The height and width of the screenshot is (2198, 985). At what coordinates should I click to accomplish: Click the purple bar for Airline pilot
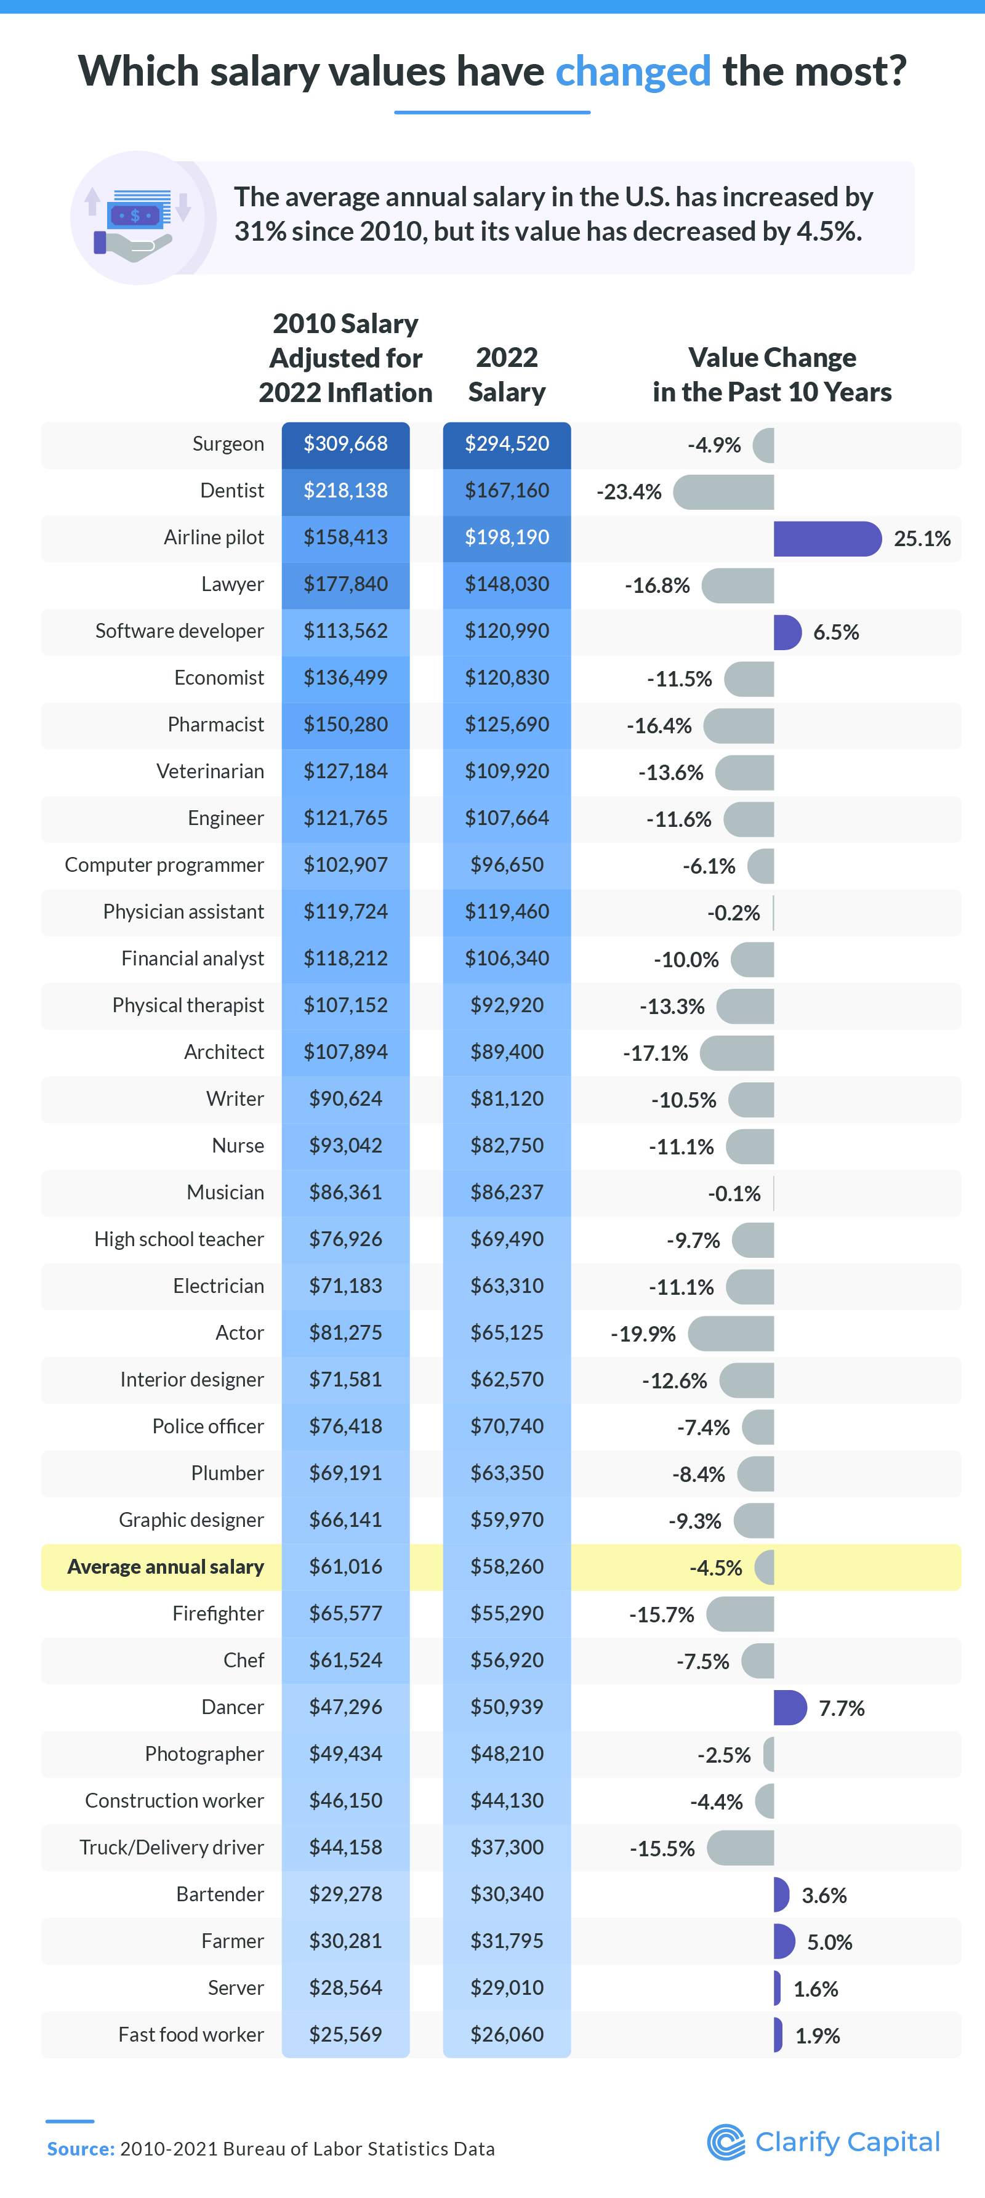click(826, 538)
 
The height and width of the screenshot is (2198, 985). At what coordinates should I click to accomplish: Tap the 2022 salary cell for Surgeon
click(507, 444)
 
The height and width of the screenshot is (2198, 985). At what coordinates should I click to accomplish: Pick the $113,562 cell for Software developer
click(345, 632)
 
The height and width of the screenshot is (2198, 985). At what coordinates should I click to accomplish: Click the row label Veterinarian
click(210, 771)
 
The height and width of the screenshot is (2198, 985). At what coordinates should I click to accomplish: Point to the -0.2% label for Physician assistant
click(733, 913)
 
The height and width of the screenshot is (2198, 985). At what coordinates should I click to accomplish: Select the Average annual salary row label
click(166, 1566)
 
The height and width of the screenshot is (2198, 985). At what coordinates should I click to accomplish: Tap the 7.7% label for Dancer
click(841, 1709)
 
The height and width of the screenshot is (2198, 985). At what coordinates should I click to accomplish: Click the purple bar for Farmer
click(783, 1942)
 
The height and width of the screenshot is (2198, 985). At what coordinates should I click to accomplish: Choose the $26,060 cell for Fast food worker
click(507, 2034)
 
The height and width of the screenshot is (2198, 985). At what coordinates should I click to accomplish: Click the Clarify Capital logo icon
click(726, 2142)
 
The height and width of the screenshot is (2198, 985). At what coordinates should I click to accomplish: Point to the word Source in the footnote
click(80, 2149)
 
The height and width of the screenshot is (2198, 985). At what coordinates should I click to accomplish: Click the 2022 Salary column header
click(507, 374)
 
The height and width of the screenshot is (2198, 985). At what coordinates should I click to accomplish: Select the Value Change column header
click(772, 374)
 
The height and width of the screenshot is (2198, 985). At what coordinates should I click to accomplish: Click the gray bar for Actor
click(731, 1334)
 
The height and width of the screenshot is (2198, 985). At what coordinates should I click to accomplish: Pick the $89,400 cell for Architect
click(507, 1052)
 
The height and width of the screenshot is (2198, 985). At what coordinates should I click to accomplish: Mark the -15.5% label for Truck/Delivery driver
click(662, 1848)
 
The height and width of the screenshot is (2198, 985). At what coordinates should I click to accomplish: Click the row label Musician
click(225, 1192)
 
